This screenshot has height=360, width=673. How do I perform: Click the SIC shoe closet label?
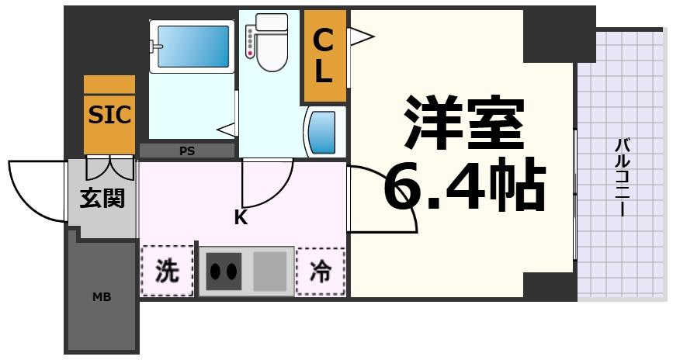click(x=109, y=115)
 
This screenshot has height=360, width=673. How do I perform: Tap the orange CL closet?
click(x=324, y=57)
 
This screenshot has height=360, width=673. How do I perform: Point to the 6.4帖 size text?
click(x=464, y=186)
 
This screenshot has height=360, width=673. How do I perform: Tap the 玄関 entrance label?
click(x=102, y=199)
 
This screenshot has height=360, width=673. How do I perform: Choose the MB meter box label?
click(x=101, y=296)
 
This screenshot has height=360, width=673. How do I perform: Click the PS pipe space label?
click(x=187, y=151)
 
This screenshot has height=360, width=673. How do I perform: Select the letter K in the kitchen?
click(x=241, y=218)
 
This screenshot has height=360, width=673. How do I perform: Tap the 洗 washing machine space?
click(x=167, y=271)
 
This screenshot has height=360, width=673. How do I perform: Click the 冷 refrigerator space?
click(x=320, y=271)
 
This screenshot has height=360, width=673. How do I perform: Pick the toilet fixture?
click(x=266, y=44)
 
